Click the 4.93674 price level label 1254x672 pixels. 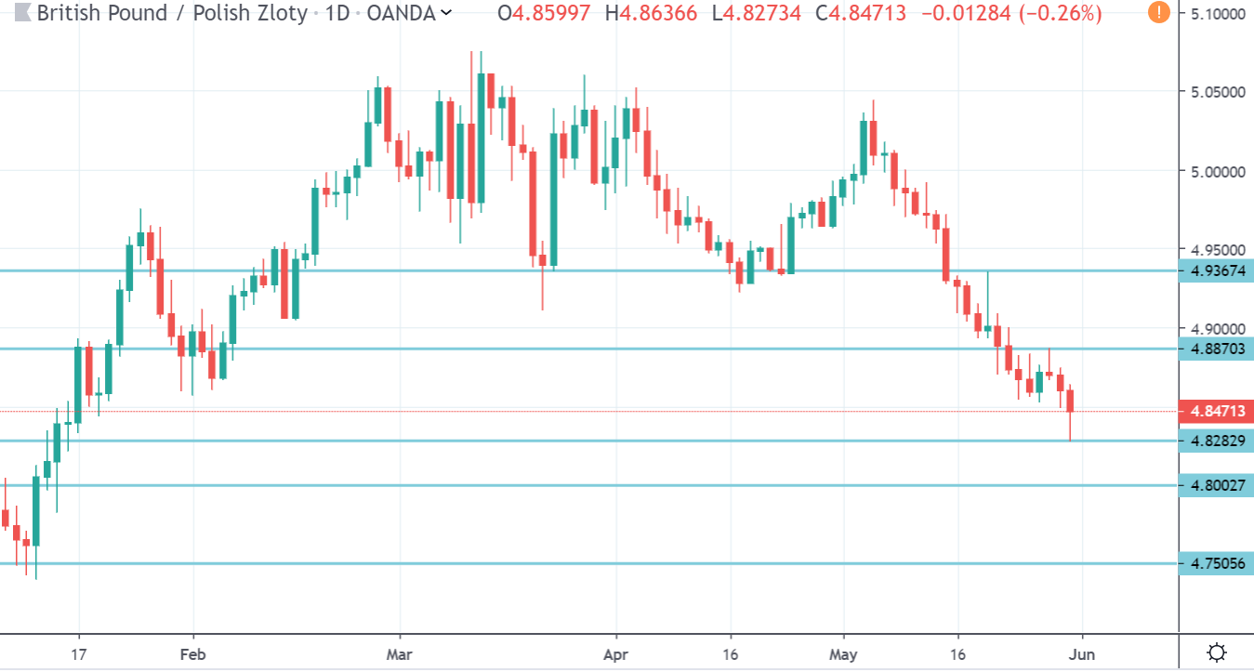tap(1215, 271)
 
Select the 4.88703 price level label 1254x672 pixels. tap(1215, 349)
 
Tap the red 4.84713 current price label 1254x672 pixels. tap(1215, 411)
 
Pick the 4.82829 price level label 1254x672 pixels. tap(1215, 441)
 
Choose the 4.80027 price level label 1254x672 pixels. tap(1215, 485)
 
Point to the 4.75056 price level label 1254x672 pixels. tap(1215, 563)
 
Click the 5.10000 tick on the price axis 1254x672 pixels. tap(1215, 15)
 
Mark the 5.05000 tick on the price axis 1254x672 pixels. tap(1215, 92)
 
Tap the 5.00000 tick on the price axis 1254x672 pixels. tap(1215, 172)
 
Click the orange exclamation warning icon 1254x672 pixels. tap(1158, 13)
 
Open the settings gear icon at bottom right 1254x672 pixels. tap(1215, 652)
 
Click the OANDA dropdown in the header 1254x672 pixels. tap(409, 14)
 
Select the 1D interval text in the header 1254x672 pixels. tap(337, 14)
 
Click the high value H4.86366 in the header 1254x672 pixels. tap(651, 14)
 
